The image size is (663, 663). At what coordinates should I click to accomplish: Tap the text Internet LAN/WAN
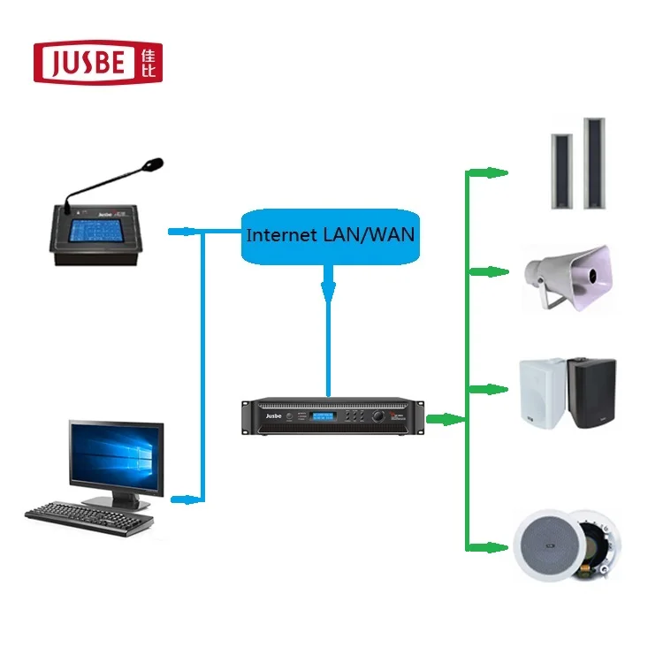pos(329,236)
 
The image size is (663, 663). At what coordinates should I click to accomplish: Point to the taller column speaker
pos(591,164)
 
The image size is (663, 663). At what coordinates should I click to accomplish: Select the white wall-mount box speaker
pos(542,389)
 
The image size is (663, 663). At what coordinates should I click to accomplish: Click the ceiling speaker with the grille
pos(547,546)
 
